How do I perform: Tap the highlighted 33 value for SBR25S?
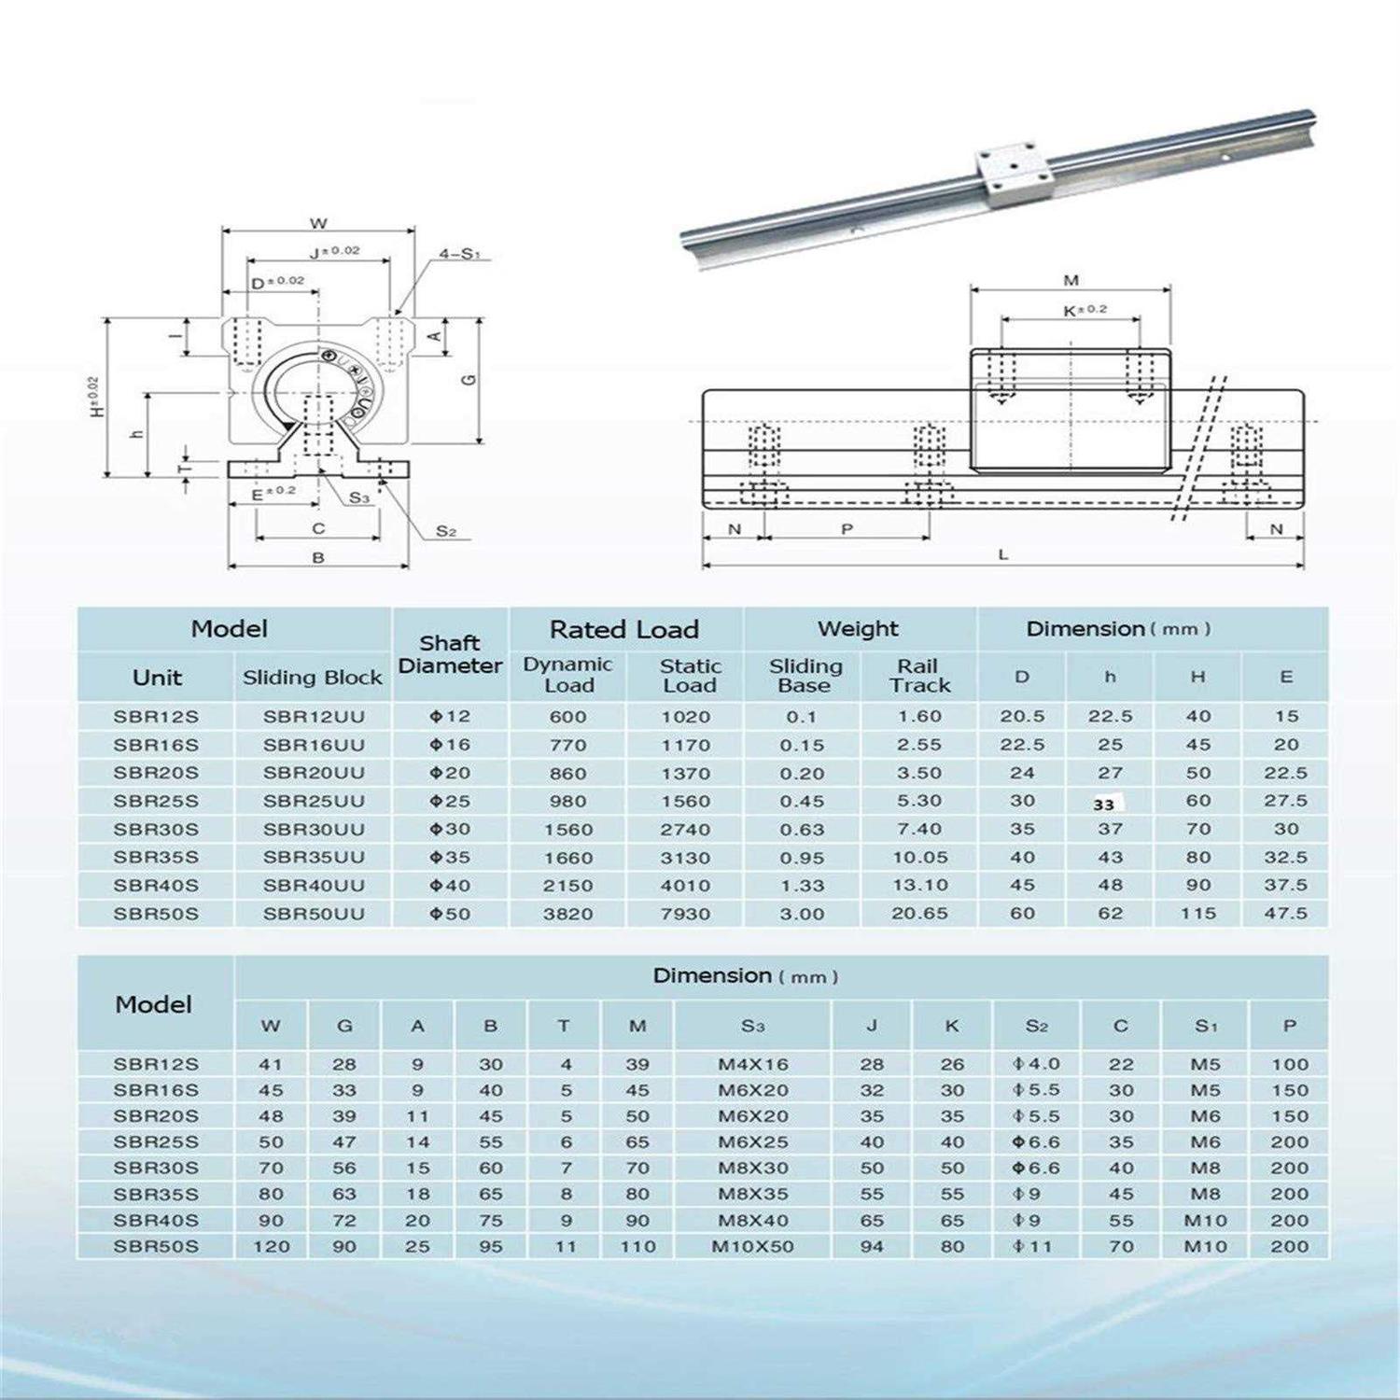click(x=1104, y=804)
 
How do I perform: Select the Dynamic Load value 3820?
click(x=567, y=914)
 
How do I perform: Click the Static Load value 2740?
click(x=685, y=830)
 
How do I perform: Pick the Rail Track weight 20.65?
click(x=919, y=914)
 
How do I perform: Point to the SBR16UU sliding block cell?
click(x=314, y=745)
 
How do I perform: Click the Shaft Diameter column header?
click(x=450, y=654)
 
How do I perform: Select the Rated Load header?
click(x=624, y=630)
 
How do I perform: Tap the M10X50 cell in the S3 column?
click(x=752, y=1247)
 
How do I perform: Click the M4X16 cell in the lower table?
click(x=752, y=1064)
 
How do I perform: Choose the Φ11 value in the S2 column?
click(x=1036, y=1247)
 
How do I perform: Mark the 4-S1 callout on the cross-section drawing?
click(x=459, y=254)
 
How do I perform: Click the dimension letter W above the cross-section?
click(x=318, y=223)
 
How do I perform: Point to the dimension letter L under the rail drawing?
click(x=1003, y=554)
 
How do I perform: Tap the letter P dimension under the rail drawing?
click(x=847, y=529)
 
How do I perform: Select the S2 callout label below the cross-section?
click(x=446, y=531)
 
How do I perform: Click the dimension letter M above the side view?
click(x=1071, y=280)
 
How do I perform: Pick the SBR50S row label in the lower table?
click(x=156, y=1247)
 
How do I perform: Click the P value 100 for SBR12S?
click(x=1289, y=1064)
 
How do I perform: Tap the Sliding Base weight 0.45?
click(x=802, y=801)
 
